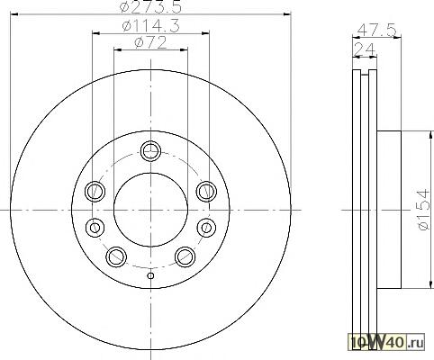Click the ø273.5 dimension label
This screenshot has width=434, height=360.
pyautogui.click(x=150, y=7)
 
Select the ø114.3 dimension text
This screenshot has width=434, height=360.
pyautogui.click(x=151, y=26)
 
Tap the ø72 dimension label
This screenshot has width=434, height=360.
pyautogui.click(x=150, y=43)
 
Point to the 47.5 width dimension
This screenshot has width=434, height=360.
pyautogui.click(x=377, y=31)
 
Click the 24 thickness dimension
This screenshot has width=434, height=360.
pyautogui.click(x=364, y=49)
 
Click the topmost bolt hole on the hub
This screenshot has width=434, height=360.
pyautogui.click(x=151, y=152)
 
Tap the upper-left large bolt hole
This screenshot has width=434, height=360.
pyautogui.click(x=95, y=191)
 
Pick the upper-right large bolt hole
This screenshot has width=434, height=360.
pyautogui.click(x=207, y=191)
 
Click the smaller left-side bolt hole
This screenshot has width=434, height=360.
pyautogui.click(x=95, y=227)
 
